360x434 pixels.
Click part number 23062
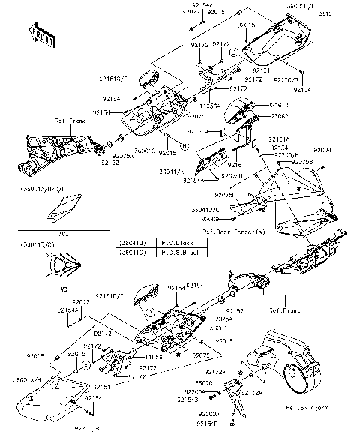pos(278,117)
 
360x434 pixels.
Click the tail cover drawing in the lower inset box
pos(60,264)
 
